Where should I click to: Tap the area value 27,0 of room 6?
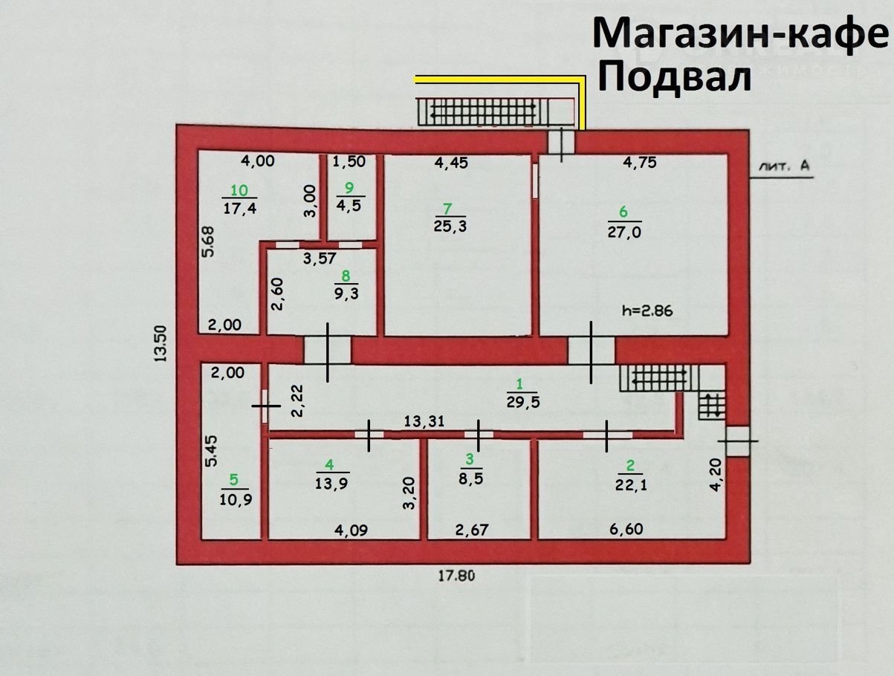624,233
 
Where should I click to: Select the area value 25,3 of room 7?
450,226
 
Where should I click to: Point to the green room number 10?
239,190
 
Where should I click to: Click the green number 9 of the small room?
349,188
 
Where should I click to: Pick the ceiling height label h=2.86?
647,311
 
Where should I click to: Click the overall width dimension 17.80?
456,576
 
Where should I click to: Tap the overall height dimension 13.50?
161,343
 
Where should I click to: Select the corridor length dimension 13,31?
424,421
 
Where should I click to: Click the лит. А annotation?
784,166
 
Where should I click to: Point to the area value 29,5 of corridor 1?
523,403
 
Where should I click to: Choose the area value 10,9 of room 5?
236,499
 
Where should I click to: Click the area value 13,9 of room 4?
331,484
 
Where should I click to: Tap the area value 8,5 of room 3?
471,478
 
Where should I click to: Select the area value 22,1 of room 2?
631,485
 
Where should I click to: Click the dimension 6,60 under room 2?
626,529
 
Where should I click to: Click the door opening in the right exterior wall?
738,441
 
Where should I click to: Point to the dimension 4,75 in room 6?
640,163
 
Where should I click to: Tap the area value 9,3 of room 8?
346,293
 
